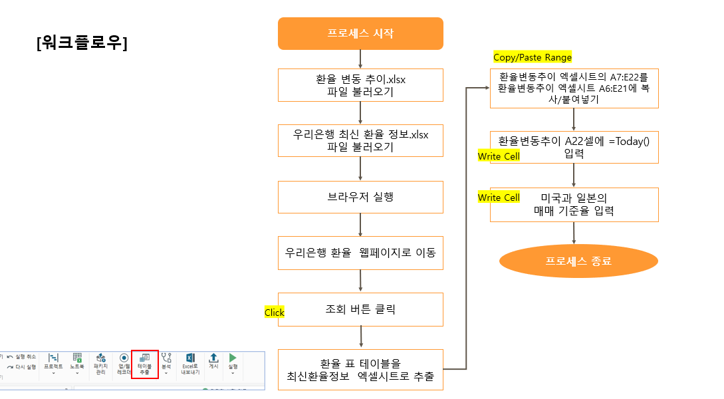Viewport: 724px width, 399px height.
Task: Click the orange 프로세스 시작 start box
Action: (360, 33)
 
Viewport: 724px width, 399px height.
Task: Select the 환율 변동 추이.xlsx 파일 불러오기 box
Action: (360, 85)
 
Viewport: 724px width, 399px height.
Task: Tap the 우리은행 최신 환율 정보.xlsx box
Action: (360, 140)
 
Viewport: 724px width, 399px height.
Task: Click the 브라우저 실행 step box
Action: (360, 197)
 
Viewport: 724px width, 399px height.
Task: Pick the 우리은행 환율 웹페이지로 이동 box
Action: (360, 253)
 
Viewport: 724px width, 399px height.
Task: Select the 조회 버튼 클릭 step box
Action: (360, 309)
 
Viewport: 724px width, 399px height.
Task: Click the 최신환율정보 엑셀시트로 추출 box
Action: (360, 370)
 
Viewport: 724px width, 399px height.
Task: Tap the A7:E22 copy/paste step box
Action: (574, 88)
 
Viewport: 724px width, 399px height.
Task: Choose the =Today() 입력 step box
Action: (574, 147)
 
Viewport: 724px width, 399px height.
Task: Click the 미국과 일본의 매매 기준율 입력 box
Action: (574, 205)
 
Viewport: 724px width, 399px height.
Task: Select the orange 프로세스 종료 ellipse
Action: (578, 261)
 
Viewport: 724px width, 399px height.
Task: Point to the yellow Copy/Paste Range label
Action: (533, 57)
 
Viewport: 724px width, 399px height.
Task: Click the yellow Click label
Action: (274, 313)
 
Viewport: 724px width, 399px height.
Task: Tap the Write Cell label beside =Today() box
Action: (499, 156)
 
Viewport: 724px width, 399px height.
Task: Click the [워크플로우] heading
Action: (82, 43)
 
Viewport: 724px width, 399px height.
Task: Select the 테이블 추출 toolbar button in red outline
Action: (144, 364)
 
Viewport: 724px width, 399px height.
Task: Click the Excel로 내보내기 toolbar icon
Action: (190, 364)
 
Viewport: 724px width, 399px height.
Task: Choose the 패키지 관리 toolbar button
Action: (100, 364)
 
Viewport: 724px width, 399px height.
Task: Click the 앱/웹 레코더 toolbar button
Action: (124, 364)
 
